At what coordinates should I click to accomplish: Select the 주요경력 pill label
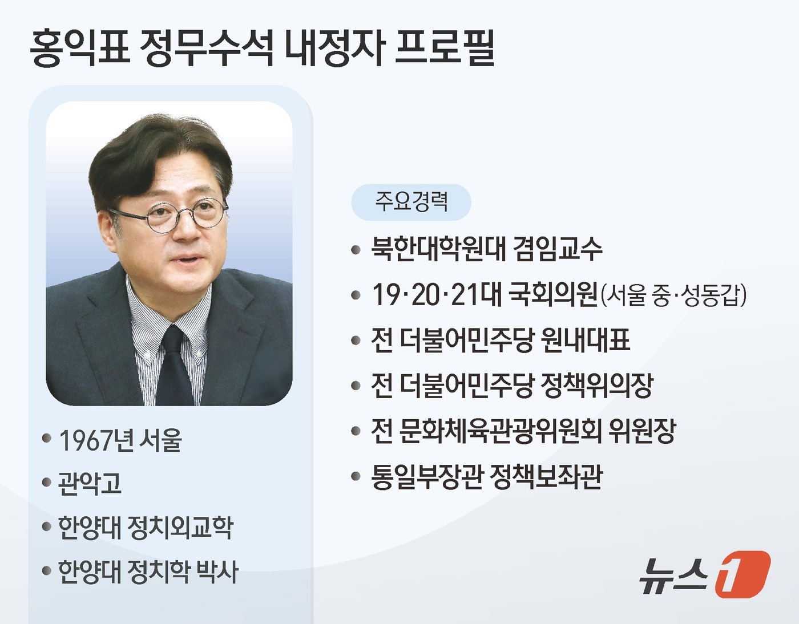[411, 202]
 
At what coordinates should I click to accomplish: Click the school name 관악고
[90, 484]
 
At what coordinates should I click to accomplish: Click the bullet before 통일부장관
[356, 477]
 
